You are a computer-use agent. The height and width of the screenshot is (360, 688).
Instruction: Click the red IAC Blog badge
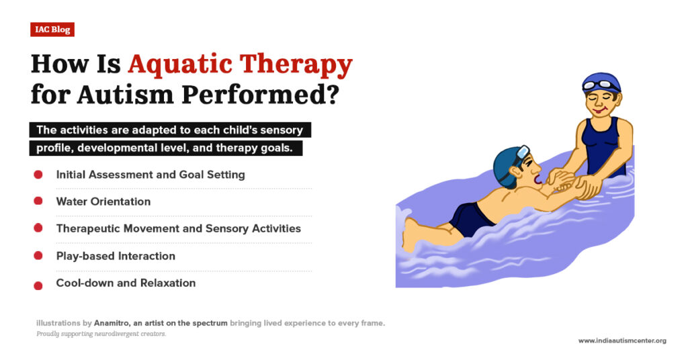pos(52,30)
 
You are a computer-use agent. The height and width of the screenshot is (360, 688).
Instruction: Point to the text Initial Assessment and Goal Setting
pos(150,175)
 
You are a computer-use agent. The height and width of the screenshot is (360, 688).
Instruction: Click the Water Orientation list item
pos(103,201)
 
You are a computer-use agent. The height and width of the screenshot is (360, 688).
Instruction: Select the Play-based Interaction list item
pos(116,256)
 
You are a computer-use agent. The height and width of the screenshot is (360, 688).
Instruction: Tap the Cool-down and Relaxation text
pos(126,283)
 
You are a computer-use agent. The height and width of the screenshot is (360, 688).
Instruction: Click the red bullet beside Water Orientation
pos(38,201)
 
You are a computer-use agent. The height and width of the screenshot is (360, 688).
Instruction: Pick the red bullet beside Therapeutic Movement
pos(38,228)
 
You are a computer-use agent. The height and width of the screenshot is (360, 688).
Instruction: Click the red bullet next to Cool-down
pos(38,285)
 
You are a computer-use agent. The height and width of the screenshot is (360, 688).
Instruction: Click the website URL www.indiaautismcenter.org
pos(622,341)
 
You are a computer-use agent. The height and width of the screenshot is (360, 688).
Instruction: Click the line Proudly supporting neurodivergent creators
pos(101,334)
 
